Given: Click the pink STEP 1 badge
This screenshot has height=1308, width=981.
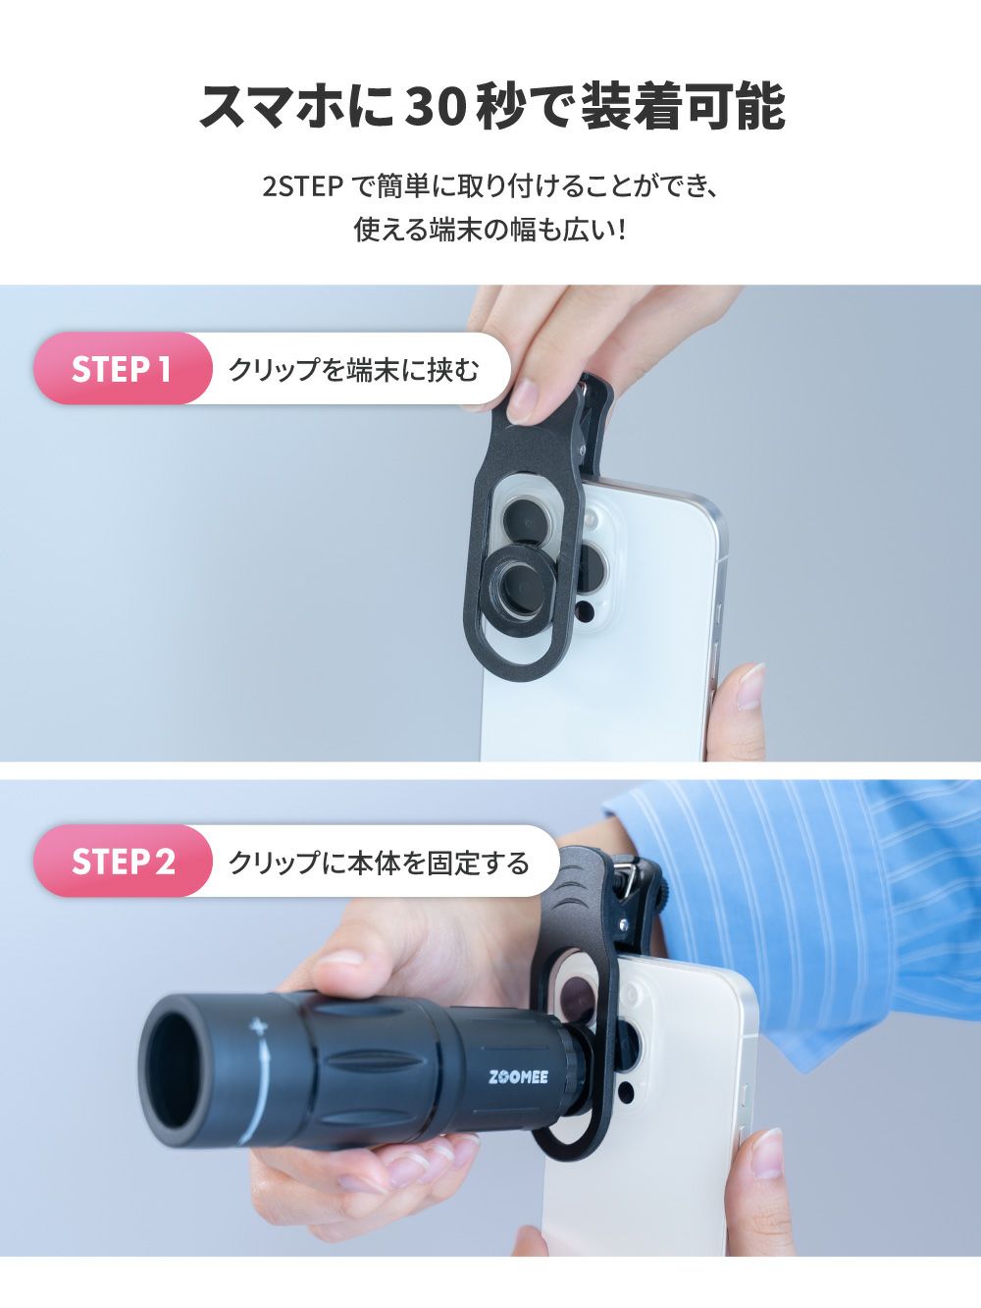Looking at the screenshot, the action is [x=122, y=368].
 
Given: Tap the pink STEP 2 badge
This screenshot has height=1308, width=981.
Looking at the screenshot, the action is [x=122, y=862].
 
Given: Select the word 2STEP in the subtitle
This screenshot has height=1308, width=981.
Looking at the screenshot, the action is [x=302, y=188].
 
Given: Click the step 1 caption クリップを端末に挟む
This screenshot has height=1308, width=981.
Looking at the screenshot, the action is [x=354, y=370].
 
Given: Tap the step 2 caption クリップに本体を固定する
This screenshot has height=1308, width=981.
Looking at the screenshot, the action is [x=379, y=863].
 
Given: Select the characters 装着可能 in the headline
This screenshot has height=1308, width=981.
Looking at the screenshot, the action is [x=683, y=108].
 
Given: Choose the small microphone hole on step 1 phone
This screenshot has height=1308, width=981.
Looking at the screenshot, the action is [x=586, y=610].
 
